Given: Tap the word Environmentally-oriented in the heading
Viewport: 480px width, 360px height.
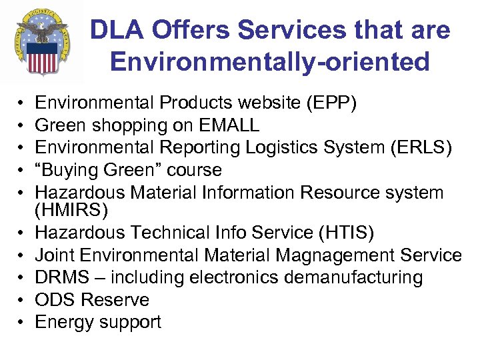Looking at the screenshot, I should pos(269,62).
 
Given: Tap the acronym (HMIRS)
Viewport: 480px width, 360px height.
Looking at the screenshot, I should pos(69,211).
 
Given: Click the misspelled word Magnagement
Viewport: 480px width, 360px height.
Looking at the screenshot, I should pos(323,255).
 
